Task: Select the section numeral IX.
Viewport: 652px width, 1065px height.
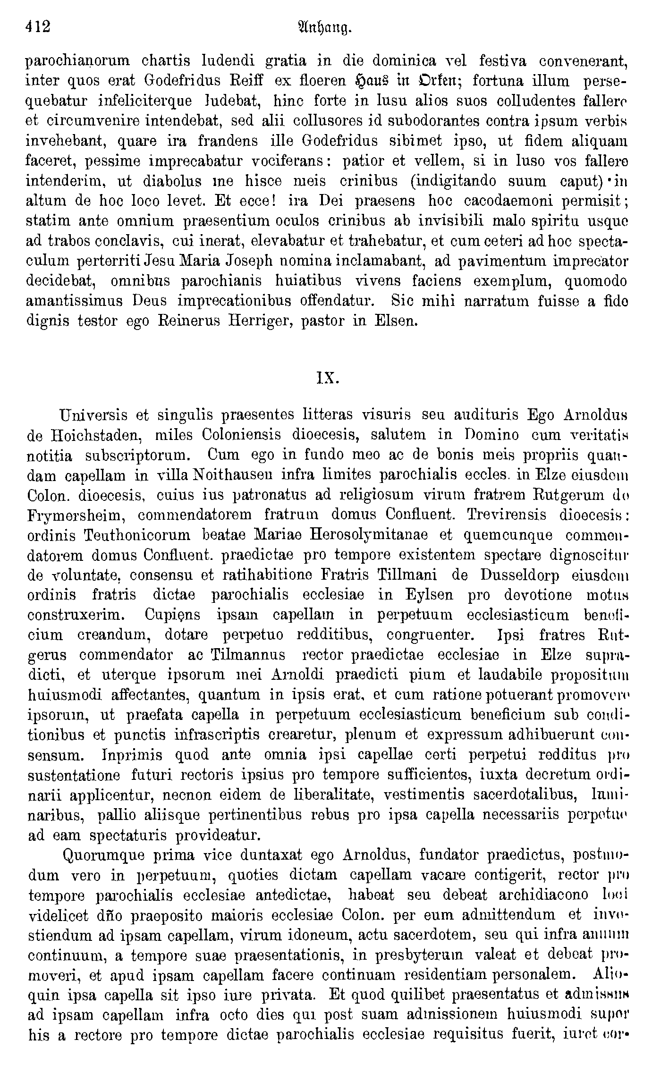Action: (326, 379)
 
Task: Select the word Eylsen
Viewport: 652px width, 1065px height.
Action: (425, 595)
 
